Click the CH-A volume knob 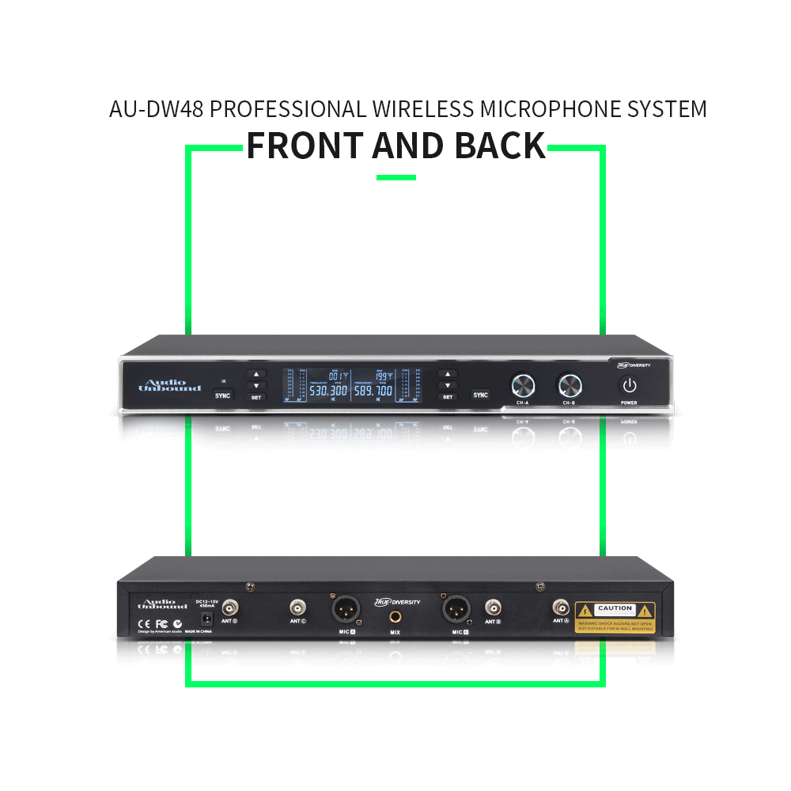point(523,385)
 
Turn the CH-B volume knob point(570,385)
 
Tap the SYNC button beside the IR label point(224,394)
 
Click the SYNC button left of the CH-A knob point(480,394)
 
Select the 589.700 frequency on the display point(373,391)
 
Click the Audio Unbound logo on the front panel point(164,385)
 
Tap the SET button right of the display point(448,396)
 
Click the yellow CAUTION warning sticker point(615,617)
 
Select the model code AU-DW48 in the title point(157,109)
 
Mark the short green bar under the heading point(395,177)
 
